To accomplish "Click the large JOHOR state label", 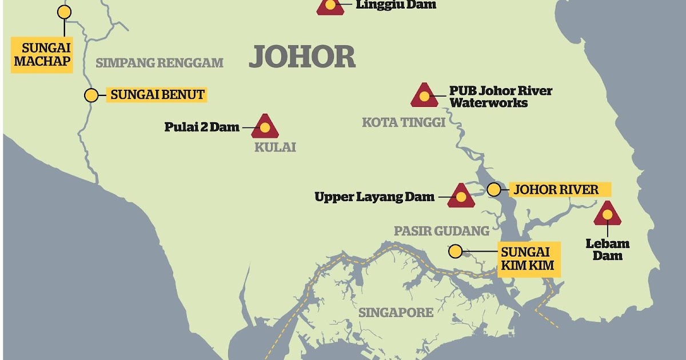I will pyautogui.click(x=302, y=57).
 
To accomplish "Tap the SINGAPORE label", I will pyautogui.click(x=396, y=313).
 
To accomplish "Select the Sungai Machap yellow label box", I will pyautogui.click(x=42, y=54).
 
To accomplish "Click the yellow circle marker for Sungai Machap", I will pyautogui.click(x=65, y=12).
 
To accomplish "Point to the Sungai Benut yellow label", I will pyautogui.click(x=157, y=95).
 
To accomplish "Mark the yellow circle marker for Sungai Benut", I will pyautogui.click(x=91, y=95).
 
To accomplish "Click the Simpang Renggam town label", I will pyautogui.click(x=159, y=63).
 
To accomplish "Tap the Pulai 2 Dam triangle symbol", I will pyautogui.click(x=265, y=127).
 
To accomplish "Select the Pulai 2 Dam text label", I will pyautogui.click(x=202, y=127).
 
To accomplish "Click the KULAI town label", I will pyautogui.click(x=275, y=147).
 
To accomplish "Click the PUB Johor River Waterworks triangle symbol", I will pyautogui.click(x=424, y=96).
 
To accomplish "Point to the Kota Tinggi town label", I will pyautogui.click(x=404, y=122).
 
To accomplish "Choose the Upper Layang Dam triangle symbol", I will pyautogui.click(x=461, y=197).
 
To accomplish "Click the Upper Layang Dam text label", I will pyautogui.click(x=374, y=197).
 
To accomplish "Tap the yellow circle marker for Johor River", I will pyautogui.click(x=493, y=189).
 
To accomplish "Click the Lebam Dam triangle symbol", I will pyautogui.click(x=607, y=214).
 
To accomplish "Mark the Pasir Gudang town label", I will pyautogui.click(x=441, y=231).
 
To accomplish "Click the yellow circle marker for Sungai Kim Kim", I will pyautogui.click(x=455, y=250).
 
